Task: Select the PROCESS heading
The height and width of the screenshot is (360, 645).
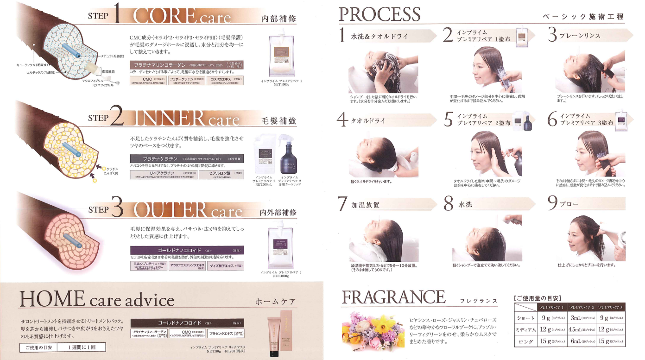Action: point(379,14)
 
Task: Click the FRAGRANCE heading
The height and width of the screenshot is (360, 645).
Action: point(393,297)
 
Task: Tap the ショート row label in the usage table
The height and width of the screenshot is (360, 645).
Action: point(525,318)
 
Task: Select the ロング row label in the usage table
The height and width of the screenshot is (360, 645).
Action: point(525,342)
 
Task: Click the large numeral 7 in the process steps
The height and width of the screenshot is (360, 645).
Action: point(342,204)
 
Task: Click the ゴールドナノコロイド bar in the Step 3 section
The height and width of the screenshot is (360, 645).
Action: point(187,250)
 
